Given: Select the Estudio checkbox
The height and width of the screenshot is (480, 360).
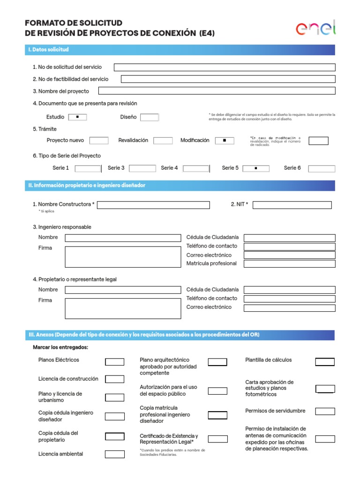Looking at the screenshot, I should [77, 117].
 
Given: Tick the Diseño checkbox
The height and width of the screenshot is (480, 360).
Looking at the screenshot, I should [150, 117].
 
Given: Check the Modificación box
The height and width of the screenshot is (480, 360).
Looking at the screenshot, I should [225, 140].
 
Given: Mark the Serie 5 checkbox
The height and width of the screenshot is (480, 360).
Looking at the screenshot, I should [255, 168].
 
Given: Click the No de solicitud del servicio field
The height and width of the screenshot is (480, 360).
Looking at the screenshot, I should [225, 67].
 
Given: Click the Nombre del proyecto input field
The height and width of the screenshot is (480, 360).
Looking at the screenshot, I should [217, 91].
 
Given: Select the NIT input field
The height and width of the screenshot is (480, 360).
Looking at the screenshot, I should [292, 205].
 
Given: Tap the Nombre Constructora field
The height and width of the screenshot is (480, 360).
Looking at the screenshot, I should [153, 205].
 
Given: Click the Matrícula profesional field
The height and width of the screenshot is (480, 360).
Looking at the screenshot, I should [290, 263].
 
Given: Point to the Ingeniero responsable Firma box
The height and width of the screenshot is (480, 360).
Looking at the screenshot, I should [123, 257].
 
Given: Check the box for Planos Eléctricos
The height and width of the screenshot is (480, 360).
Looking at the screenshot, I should [114, 362].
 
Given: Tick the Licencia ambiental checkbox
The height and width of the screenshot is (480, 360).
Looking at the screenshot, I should [114, 454].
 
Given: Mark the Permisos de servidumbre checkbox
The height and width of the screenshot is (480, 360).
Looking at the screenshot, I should [325, 411].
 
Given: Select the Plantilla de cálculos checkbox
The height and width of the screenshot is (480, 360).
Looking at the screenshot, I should [325, 362].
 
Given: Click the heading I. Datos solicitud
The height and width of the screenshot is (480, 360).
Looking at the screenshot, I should [49, 50].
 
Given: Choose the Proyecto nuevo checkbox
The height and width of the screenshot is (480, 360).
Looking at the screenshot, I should [99, 140].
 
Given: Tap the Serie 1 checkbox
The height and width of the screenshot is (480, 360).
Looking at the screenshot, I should [88, 168].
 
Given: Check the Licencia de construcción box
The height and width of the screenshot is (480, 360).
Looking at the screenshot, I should [114, 379].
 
